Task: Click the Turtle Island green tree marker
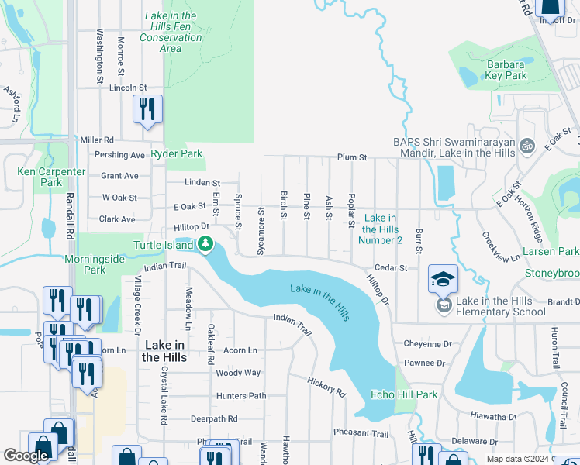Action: click(x=205, y=245)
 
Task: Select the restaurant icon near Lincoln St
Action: click(x=147, y=109)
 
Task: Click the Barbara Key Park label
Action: click(x=506, y=70)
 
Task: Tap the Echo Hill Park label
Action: click(x=404, y=394)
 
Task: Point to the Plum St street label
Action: click(x=351, y=157)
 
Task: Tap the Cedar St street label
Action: click(x=391, y=268)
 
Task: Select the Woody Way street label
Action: click(x=237, y=373)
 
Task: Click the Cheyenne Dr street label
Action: click(x=426, y=343)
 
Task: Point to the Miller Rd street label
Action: click(x=97, y=140)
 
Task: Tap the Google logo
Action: click(x=26, y=456)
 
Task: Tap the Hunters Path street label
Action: click(x=241, y=396)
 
